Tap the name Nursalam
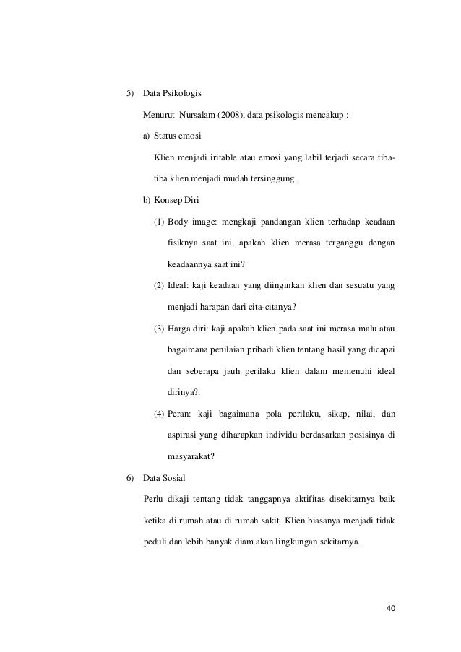pyautogui.click(x=194, y=115)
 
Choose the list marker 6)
pyautogui.click(x=131, y=479)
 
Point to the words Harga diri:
pyautogui.click(x=190, y=329)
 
